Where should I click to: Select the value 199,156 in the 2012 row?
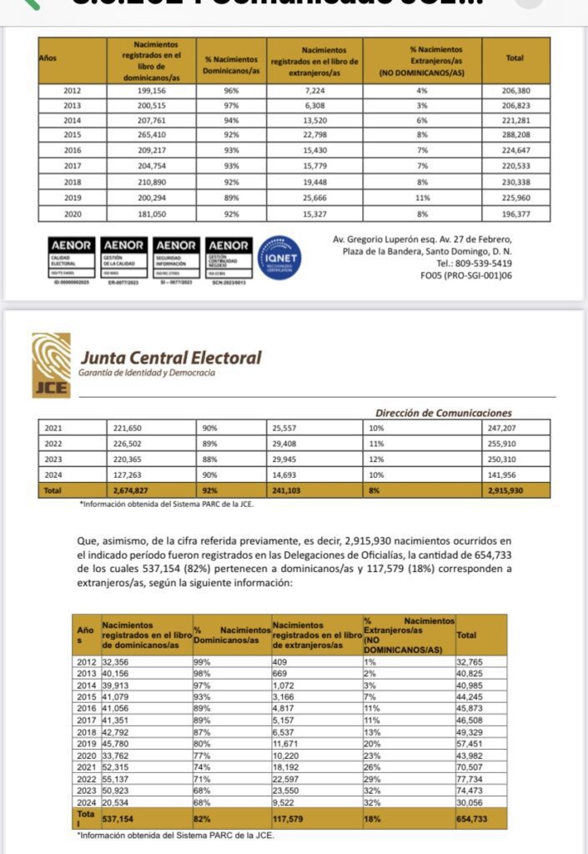point(149,90)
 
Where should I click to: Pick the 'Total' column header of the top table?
point(515,59)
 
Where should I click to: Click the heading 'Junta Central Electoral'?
point(170,358)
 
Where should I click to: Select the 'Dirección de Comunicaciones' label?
point(444,413)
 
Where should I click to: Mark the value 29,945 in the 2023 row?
point(287,459)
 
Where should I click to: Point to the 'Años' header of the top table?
point(48,59)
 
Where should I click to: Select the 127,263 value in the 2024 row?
point(128,475)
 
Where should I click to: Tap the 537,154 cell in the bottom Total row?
point(119,819)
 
